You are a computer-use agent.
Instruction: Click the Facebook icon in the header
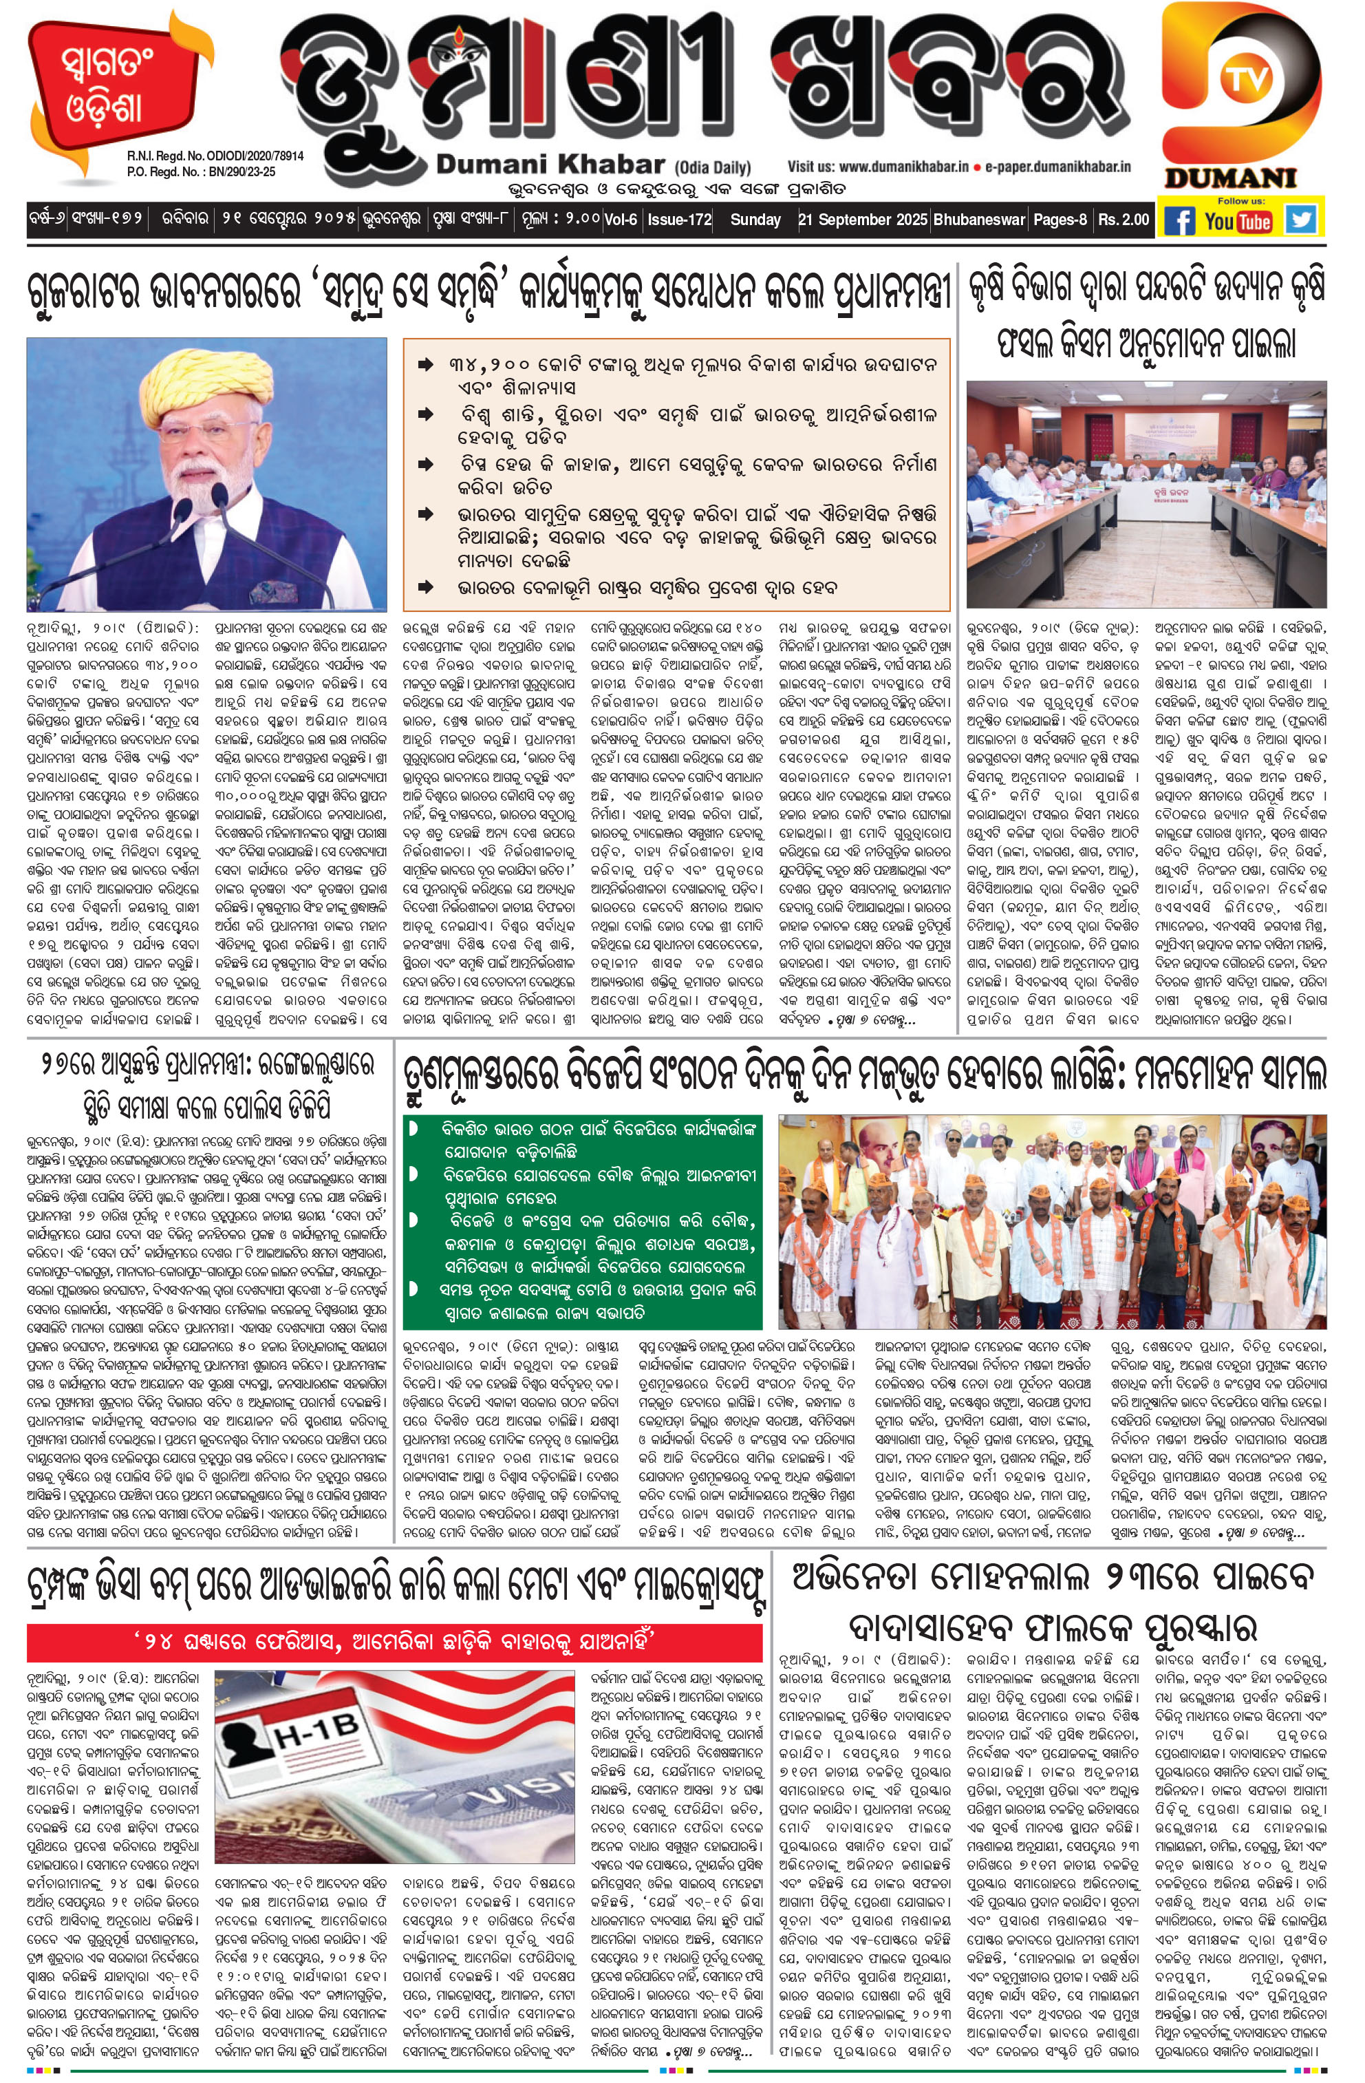click(x=1179, y=220)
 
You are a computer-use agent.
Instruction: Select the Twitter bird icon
click(x=1301, y=219)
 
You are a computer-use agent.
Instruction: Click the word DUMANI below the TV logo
click(x=1229, y=178)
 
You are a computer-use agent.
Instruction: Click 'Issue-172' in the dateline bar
click(x=680, y=219)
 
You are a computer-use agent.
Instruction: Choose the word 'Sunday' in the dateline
click(x=755, y=219)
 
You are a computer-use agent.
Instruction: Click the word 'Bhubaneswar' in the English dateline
click(x=978, y=219)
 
